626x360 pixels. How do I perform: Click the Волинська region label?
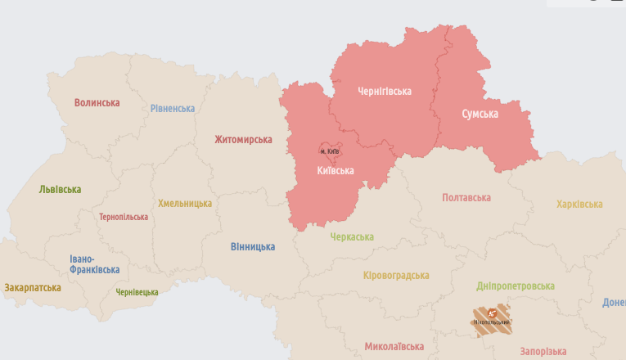(97, 103)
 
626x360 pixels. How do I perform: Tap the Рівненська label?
(173, 109)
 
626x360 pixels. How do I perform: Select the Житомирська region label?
(243, 140)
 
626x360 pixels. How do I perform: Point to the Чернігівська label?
(385, 92)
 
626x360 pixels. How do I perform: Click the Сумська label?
(480, 114)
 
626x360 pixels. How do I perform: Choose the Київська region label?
(336, 171)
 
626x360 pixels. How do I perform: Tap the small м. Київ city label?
(330, 151)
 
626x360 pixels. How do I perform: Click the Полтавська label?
(466, 198)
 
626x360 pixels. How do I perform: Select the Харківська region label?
(579, 205)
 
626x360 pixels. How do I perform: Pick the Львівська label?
(60, 190)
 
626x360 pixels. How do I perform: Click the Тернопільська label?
(124, 218)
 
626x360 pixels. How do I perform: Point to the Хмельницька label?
(185, 204)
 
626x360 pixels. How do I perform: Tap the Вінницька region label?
(252, 246)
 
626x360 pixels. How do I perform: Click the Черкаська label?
(352, 237)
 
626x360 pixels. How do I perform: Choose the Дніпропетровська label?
(516, 286)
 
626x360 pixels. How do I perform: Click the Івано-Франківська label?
(94, 264)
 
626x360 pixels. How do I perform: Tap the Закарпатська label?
(33, 288)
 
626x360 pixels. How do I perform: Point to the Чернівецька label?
(137, 292)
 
